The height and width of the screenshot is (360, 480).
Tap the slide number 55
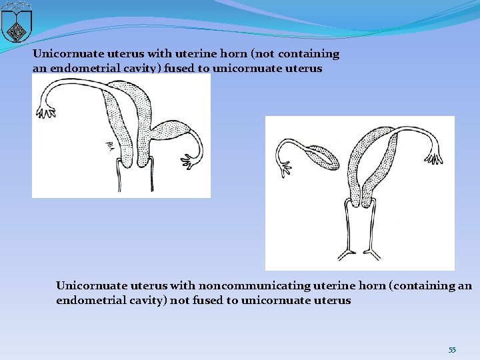pyautogui.click(x=452, y=350)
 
